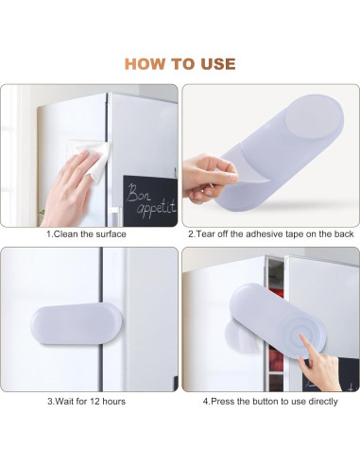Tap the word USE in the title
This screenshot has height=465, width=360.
(218, 64)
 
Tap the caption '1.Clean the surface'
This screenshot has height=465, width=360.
(86, 234)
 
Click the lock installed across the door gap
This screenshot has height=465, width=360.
(76, 324)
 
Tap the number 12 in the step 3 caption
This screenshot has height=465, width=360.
(95, 402)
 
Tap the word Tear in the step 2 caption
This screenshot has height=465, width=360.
(203, 234)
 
